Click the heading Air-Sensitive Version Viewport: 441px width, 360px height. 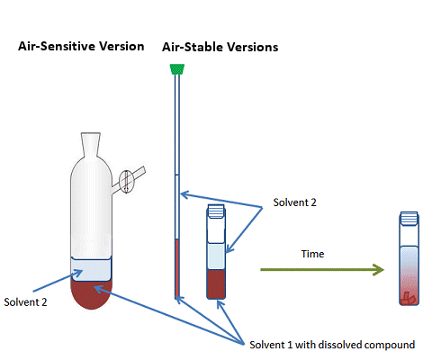[x=81, y=46]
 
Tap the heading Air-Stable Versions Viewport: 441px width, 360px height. [x=220, y=46]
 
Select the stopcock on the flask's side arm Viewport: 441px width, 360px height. [x=127, y=180]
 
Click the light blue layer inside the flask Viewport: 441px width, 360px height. [x=92, y=269]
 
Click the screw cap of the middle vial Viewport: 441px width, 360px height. [x=217, y=212]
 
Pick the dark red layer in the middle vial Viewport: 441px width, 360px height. [x=217, y=284]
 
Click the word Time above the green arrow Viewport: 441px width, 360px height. [x=312, y=254]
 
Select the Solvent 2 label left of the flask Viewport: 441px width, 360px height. [x=25, y=302]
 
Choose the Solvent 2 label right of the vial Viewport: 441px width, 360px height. [x=295, y=204]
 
